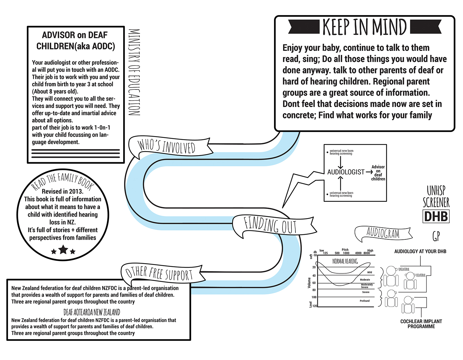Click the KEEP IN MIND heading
pos(365,27)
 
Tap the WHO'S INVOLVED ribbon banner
pos(167,147)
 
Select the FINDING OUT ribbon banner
pos(270,225)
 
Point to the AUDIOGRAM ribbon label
pos(383,234)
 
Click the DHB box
pos(436,217)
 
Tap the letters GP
pos(436,236)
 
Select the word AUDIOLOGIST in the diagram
pos(346,172)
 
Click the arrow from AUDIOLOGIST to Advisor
pos(369,172)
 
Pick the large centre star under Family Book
pos(63,249)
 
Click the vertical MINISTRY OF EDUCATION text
pos(134,72)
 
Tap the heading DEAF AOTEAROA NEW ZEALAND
pos(92,312)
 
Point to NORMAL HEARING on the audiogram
pos(345,261)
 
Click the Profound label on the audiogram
pos(365,301)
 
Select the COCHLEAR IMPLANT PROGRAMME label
pos(421,324)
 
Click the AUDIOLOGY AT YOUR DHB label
pos(420,251)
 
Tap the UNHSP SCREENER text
pos(436,197)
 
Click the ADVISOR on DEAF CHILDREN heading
pos(76,41)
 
